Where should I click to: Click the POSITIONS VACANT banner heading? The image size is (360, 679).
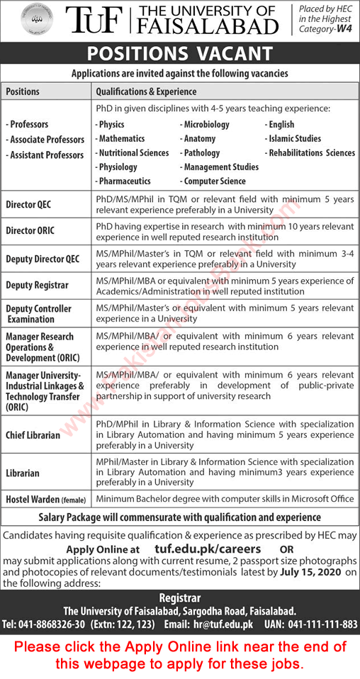(x=179, y=54)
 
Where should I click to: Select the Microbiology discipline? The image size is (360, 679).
(x=206, y=125)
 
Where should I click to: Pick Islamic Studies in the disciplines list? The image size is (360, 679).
(x=294, y=139)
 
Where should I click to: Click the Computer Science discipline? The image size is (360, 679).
(x=214, y=181)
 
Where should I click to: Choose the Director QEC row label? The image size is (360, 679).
(x=28, y=206)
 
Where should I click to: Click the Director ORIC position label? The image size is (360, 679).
(x=30, y=230)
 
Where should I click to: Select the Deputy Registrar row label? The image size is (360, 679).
(x=37, y=285)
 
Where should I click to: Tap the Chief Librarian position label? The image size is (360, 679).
(x=33, y=435)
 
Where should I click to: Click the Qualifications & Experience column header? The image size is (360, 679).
(x=146, y=91)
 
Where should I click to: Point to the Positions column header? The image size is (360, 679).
(x=23, y=91)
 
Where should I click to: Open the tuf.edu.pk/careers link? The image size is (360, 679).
(x=207, y=549)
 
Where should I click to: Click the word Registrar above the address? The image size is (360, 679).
(x=180, y=598)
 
